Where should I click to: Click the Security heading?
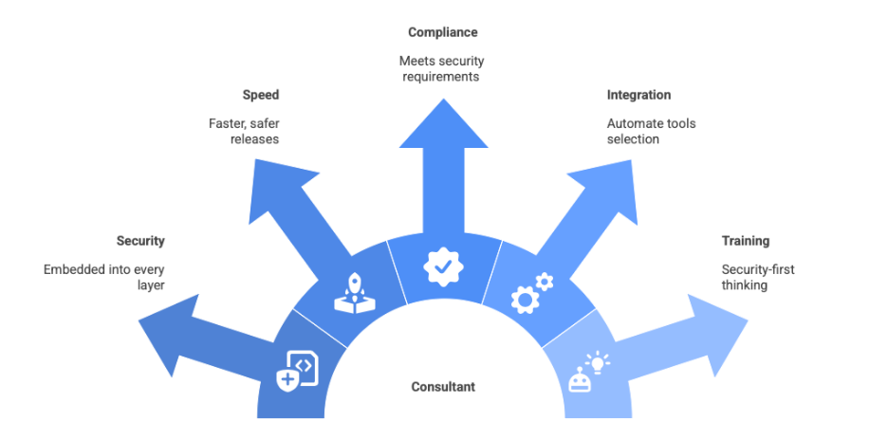point(140,241)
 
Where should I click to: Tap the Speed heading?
point(261,95)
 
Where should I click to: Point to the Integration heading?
point(639,95)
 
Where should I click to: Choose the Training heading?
point(745,241)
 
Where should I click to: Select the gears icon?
point(531,292)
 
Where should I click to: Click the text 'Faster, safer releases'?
point(245,131)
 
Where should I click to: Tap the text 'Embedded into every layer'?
point(104,277)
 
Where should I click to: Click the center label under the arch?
point(443,387)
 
